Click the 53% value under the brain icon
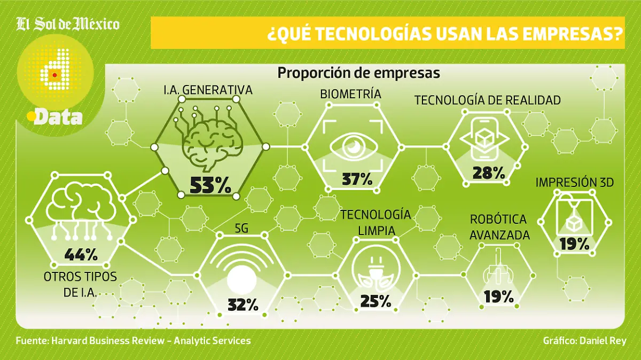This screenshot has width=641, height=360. coord(210,185)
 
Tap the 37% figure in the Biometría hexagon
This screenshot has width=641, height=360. coord(357,179)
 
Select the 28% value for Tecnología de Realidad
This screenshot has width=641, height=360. coord(488,173)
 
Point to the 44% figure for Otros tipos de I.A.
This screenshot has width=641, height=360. coord(81,255)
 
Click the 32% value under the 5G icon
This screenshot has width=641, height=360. coord(243,305)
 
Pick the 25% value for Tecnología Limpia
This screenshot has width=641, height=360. coord(376,301)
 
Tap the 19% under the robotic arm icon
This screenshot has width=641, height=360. coord(498,296)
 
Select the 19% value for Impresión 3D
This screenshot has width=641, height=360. coord(574,244)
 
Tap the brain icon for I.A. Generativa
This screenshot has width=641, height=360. coord(212,140)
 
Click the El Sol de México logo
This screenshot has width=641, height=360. coord(68,25)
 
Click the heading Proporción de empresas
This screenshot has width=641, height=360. coord(358,73)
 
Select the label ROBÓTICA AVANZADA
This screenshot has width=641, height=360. coord(499,227)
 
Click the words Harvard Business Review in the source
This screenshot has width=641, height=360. coord(106,340)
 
